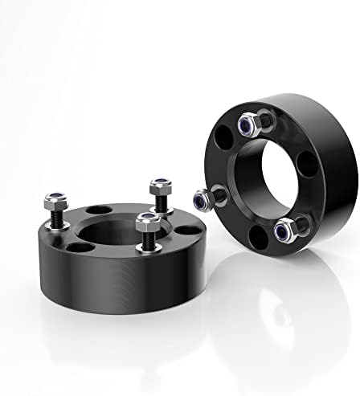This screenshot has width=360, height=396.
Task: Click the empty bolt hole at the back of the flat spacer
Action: [96, 210]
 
